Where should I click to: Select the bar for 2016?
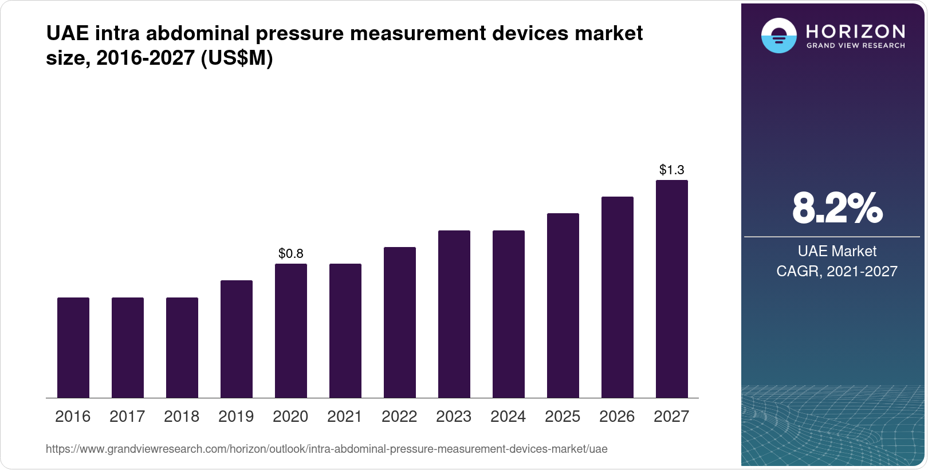coord(73,347)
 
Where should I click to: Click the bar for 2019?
coord(237,339)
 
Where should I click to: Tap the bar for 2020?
coord(291,331)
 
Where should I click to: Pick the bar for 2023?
coord(454,314)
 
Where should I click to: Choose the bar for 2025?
coord(563,305)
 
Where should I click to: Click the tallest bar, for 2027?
coord(672,289)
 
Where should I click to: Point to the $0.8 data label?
coord(291,253)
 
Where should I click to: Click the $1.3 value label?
coord(672,170)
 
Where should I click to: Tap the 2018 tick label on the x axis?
coord(182,417)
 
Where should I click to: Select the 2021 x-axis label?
coord(345,417)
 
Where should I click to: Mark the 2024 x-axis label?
coord(508,417)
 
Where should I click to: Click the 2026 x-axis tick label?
coord(617,417)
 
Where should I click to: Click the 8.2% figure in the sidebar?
coord(837,208)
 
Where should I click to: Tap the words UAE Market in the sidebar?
coord(837,251)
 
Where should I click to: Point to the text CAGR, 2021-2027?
coord(837,271)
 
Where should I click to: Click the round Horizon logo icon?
coord(778,36)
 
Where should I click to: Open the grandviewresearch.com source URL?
coord(327,449)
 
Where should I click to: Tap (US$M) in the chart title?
coord(237,58)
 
